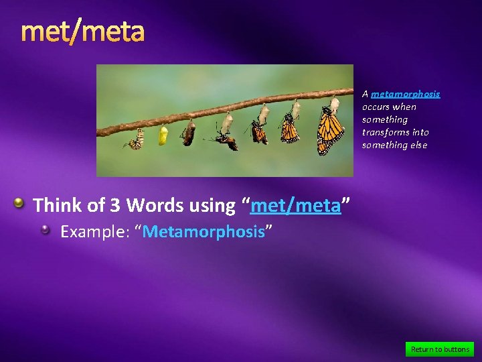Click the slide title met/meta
[82, 32]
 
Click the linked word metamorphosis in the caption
[406, 94]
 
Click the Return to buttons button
[439, 349]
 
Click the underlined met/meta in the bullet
[295, 205]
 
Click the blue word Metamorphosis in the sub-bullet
[204, 232]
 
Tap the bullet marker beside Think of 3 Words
[21, 202]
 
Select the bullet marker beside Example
[45, 230]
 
